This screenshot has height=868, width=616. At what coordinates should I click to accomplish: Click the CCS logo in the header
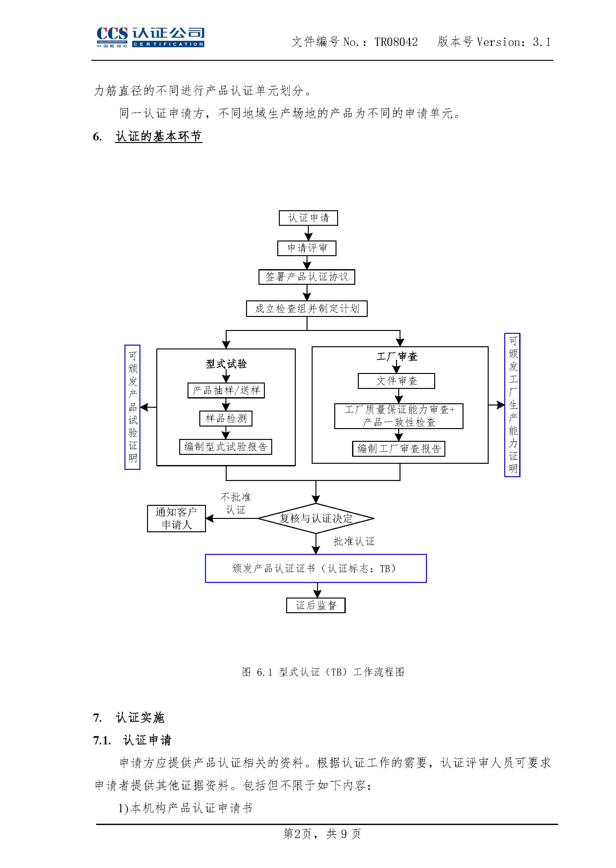point(150,37)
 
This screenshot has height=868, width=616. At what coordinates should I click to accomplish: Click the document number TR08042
point(396,42)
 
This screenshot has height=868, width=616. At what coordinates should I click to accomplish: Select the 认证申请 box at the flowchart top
point(308,218)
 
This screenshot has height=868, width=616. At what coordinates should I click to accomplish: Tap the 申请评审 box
point(307,248)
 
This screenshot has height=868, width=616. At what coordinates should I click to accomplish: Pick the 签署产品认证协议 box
point(307,277)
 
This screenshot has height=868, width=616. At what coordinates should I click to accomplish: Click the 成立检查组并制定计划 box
point(307,309)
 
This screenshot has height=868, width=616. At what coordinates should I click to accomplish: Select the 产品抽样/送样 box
point(226,391)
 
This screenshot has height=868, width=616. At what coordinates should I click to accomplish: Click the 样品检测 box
point(226,419)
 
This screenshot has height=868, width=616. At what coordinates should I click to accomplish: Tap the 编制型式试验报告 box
point(226,447)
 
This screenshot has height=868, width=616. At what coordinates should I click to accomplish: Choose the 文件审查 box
point(396,381)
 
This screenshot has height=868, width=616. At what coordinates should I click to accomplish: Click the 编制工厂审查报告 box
point(398,448)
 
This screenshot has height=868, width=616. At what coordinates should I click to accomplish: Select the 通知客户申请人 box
point(176,519)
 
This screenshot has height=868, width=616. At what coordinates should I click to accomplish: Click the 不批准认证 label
point(236,504)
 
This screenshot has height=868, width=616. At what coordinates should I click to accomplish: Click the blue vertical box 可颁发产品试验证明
point(132,407)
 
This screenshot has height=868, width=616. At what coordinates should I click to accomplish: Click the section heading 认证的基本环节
point(159,136)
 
